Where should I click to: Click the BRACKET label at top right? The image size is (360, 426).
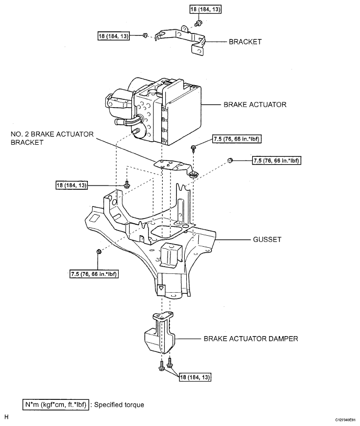[245, 42]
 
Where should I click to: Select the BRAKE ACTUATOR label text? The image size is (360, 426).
[255, 105]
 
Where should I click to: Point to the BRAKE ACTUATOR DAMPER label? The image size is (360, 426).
[251, 339]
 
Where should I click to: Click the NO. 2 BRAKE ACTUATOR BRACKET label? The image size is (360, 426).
[52, 138]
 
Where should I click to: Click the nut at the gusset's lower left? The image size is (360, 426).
[99, 253]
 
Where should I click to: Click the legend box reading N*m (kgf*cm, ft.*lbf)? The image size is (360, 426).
[55, 404]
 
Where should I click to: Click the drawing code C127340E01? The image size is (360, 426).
[344, 420]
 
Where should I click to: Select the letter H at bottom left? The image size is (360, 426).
[6, 417]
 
